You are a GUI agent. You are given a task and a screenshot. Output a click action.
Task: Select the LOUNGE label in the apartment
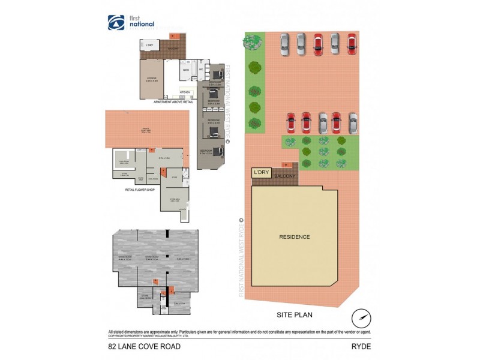click(152, 77)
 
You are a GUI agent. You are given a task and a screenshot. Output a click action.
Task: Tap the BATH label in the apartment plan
click(187, 70)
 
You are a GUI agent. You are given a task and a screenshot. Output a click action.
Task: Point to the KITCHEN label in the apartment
click(185, 92)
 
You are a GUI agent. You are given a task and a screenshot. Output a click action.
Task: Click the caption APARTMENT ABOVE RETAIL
click(174, 103)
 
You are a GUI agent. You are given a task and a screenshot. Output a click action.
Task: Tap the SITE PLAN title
click(295, 314)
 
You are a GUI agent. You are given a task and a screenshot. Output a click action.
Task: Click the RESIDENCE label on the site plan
click(295, 236)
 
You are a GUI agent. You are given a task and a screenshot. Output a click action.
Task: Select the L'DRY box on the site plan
click(261, 172)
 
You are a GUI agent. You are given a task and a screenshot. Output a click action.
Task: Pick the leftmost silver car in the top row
click(284, 44)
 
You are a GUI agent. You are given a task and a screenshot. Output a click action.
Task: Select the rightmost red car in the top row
click(352, 44)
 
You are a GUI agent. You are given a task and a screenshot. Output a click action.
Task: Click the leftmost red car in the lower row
click(290, 123)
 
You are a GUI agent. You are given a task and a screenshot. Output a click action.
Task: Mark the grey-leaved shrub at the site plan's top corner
click(251, 41)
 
